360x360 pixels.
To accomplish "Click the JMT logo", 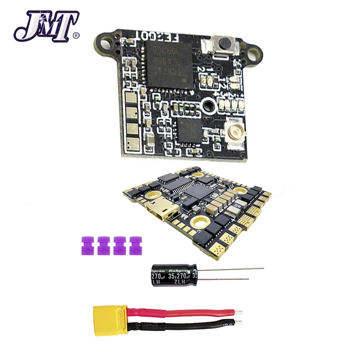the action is (47, 25).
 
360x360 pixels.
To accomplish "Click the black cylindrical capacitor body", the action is (173, 276).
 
